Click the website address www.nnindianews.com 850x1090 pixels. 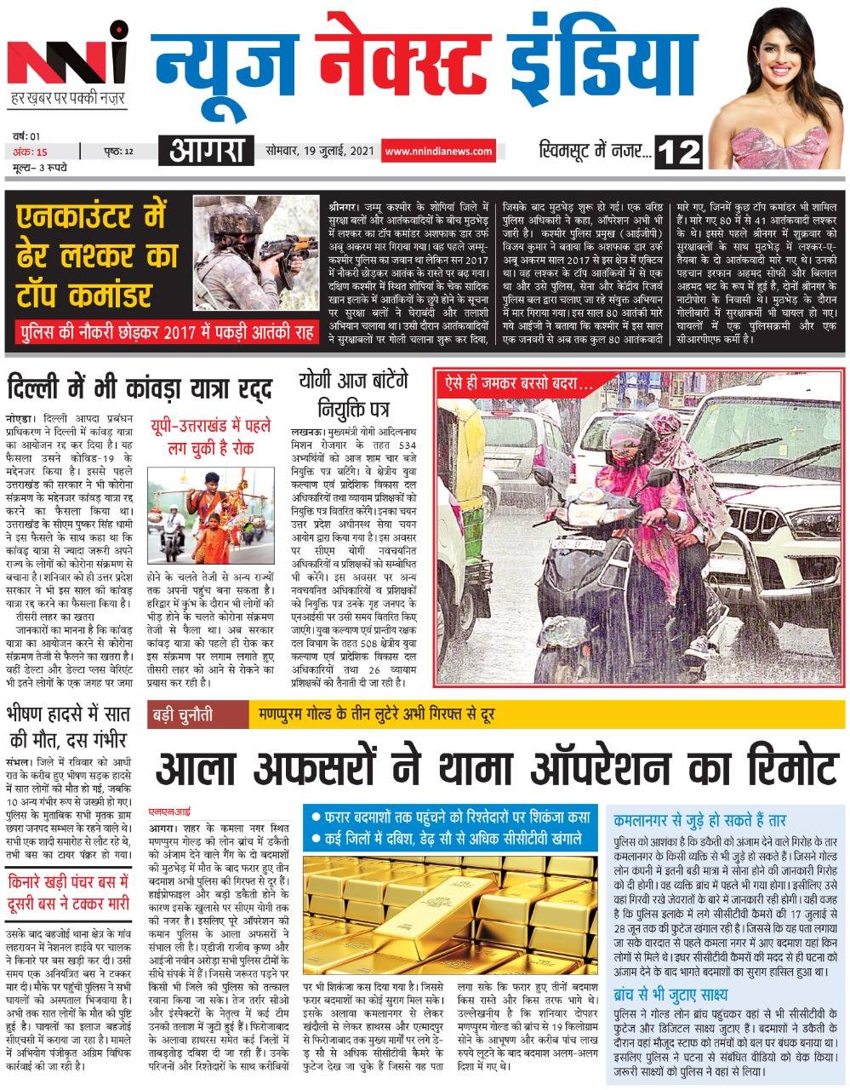pos(438,152)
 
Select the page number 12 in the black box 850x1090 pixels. pos(681,153)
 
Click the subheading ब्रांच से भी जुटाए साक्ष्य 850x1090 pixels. pos(685,994)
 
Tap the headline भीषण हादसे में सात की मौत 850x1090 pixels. pos(66,726)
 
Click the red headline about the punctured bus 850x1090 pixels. pos(68,891)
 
